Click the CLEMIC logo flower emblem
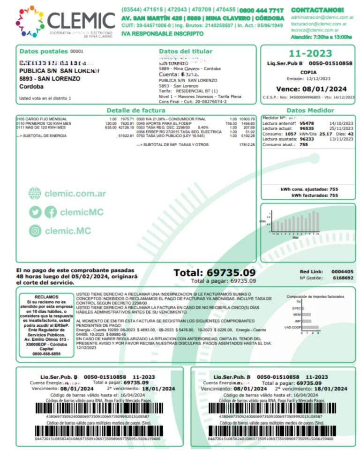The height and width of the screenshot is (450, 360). (30, 21)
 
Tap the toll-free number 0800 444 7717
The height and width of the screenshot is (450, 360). (261, 10)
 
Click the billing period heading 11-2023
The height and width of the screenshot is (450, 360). (310, 53)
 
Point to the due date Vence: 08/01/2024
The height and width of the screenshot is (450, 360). (311, 89)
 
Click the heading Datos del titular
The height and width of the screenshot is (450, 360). (186, 51)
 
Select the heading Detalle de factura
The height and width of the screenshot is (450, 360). (136, 110)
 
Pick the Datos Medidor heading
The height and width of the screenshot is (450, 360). (310, 110)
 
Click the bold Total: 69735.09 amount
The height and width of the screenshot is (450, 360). (215, 273)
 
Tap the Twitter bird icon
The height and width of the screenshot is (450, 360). (35, 212)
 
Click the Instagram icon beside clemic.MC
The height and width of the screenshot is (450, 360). (35, 231)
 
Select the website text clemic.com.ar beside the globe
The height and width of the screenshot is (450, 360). (75, 194)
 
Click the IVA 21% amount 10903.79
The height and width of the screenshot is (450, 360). (247, 119)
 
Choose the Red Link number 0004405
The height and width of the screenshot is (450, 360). (342, 271)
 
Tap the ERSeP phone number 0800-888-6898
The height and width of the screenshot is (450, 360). (44, 354)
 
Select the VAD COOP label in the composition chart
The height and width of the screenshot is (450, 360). (294, 327)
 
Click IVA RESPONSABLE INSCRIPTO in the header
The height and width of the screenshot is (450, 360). (163, 34)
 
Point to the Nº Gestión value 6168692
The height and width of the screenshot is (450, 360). (342, 278)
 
